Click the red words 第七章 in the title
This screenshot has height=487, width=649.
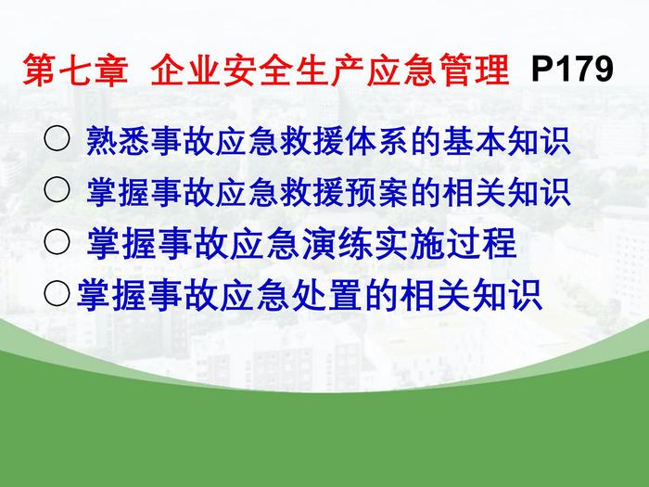(x=75, y=70)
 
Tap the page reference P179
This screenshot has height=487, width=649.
(x=572, y=69)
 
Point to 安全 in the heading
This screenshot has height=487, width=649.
(x=257, y=70)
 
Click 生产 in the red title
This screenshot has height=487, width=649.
(x=328, y=70)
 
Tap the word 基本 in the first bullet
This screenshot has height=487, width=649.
(x=474, y=141)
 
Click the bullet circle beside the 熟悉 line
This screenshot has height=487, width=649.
(x=57, y=138)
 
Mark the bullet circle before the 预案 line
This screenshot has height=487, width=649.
(x=57, y=189)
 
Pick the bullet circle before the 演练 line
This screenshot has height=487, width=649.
(x=57, y=241)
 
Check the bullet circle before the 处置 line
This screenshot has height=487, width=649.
(x=57, y=293)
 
